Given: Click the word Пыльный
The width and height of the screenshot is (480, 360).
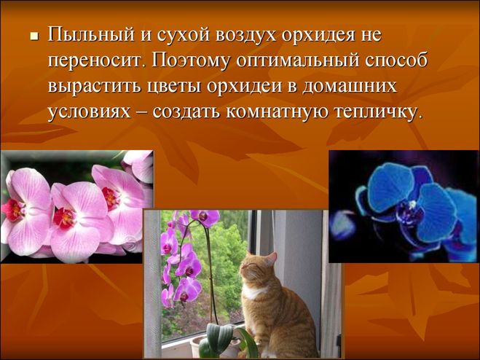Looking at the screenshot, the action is click(91, 35).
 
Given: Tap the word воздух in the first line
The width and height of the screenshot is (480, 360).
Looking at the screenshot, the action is click(245, 34).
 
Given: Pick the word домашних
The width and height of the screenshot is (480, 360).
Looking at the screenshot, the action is click(350, 87).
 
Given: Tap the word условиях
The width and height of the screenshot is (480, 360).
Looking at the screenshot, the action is click(89, 112).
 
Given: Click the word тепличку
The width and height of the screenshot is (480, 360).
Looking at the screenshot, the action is click(375, 112).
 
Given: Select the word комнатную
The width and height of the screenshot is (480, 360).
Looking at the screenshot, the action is click(277, 111).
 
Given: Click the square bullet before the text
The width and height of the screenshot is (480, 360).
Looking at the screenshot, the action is click(34, 36).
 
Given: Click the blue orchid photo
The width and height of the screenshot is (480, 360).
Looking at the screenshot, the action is click(404, 206).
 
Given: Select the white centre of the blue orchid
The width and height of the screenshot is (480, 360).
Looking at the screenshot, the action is click(413, 203).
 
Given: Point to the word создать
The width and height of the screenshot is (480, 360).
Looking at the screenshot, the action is click(186, 112).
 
